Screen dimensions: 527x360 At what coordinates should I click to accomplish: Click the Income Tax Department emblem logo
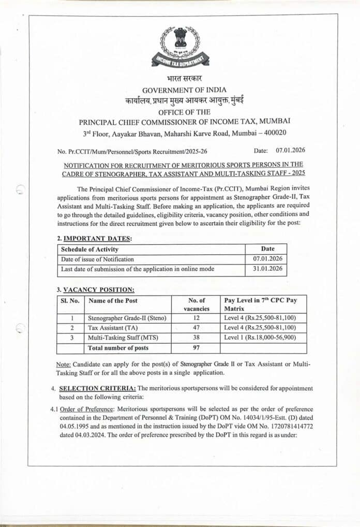[x=180, y=47]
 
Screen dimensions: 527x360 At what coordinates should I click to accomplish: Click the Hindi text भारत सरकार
[x=181, y=79]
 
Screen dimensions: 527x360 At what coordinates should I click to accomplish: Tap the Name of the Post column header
[x=113, y=301]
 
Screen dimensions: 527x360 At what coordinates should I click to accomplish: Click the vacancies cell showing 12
[x=196, y=318]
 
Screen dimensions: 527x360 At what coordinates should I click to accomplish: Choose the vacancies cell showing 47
[x=196, y=328]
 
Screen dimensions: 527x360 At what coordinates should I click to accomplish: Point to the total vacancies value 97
[x=196, y=348]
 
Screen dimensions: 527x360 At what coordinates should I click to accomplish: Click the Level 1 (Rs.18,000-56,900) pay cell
[x=260, y=338]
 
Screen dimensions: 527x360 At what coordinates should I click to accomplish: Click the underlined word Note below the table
[x=64, y=364]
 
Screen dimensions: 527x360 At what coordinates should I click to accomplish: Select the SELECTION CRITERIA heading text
[x=97, y=388]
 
